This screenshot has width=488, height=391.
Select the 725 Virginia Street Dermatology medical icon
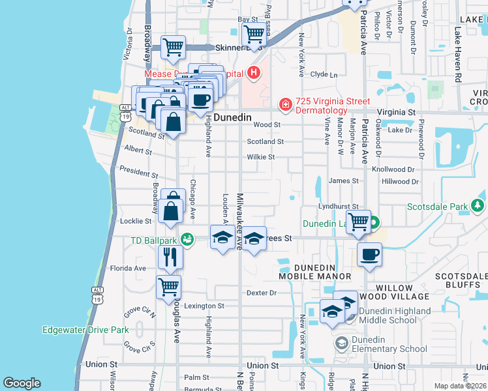[285, 104]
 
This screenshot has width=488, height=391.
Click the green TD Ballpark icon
[188, 240]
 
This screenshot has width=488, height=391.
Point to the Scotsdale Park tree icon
[478, 207]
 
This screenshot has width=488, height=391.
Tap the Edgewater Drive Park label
[85, 330]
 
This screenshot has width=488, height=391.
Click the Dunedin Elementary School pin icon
[341, 343]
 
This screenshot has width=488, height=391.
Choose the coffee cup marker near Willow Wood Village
[369, 254]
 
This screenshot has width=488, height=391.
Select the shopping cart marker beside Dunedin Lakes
[358, 222]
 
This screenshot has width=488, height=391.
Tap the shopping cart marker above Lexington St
[169, 286]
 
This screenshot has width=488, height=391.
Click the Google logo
[22, 383]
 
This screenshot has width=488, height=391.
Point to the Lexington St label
[204, 306]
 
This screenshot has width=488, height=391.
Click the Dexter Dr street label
[262, 293]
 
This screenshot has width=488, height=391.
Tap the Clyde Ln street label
[324, 75]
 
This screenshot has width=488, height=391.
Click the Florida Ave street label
[128, 268]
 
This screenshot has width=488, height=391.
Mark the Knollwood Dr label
[393, 169]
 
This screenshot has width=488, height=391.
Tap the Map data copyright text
[461, 386]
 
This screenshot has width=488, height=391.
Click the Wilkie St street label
[261, 157]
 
